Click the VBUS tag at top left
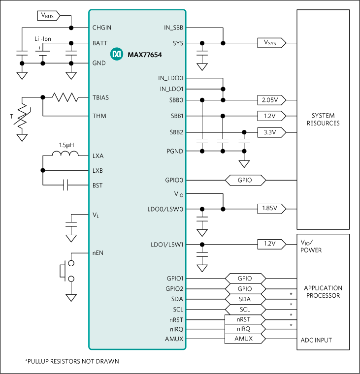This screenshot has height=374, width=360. coord(48,16)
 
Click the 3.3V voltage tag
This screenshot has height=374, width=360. coord(270,132)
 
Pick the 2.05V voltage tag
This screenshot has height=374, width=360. coord(270,100)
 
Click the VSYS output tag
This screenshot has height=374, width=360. coord(270,43)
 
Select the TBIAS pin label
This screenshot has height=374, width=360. coord(100,97)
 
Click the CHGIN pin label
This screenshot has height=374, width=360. coord(102,28)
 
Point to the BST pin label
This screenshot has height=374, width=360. coord(98,186)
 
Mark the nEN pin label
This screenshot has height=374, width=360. coord(98,253)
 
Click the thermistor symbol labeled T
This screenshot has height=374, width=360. coord(22,118)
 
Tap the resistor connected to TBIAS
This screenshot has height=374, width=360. coord(66,97)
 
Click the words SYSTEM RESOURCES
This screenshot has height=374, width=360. coord(323,120)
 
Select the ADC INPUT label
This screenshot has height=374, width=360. coord(316,340)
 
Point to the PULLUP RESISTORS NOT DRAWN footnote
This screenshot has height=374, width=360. coord(72,361)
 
